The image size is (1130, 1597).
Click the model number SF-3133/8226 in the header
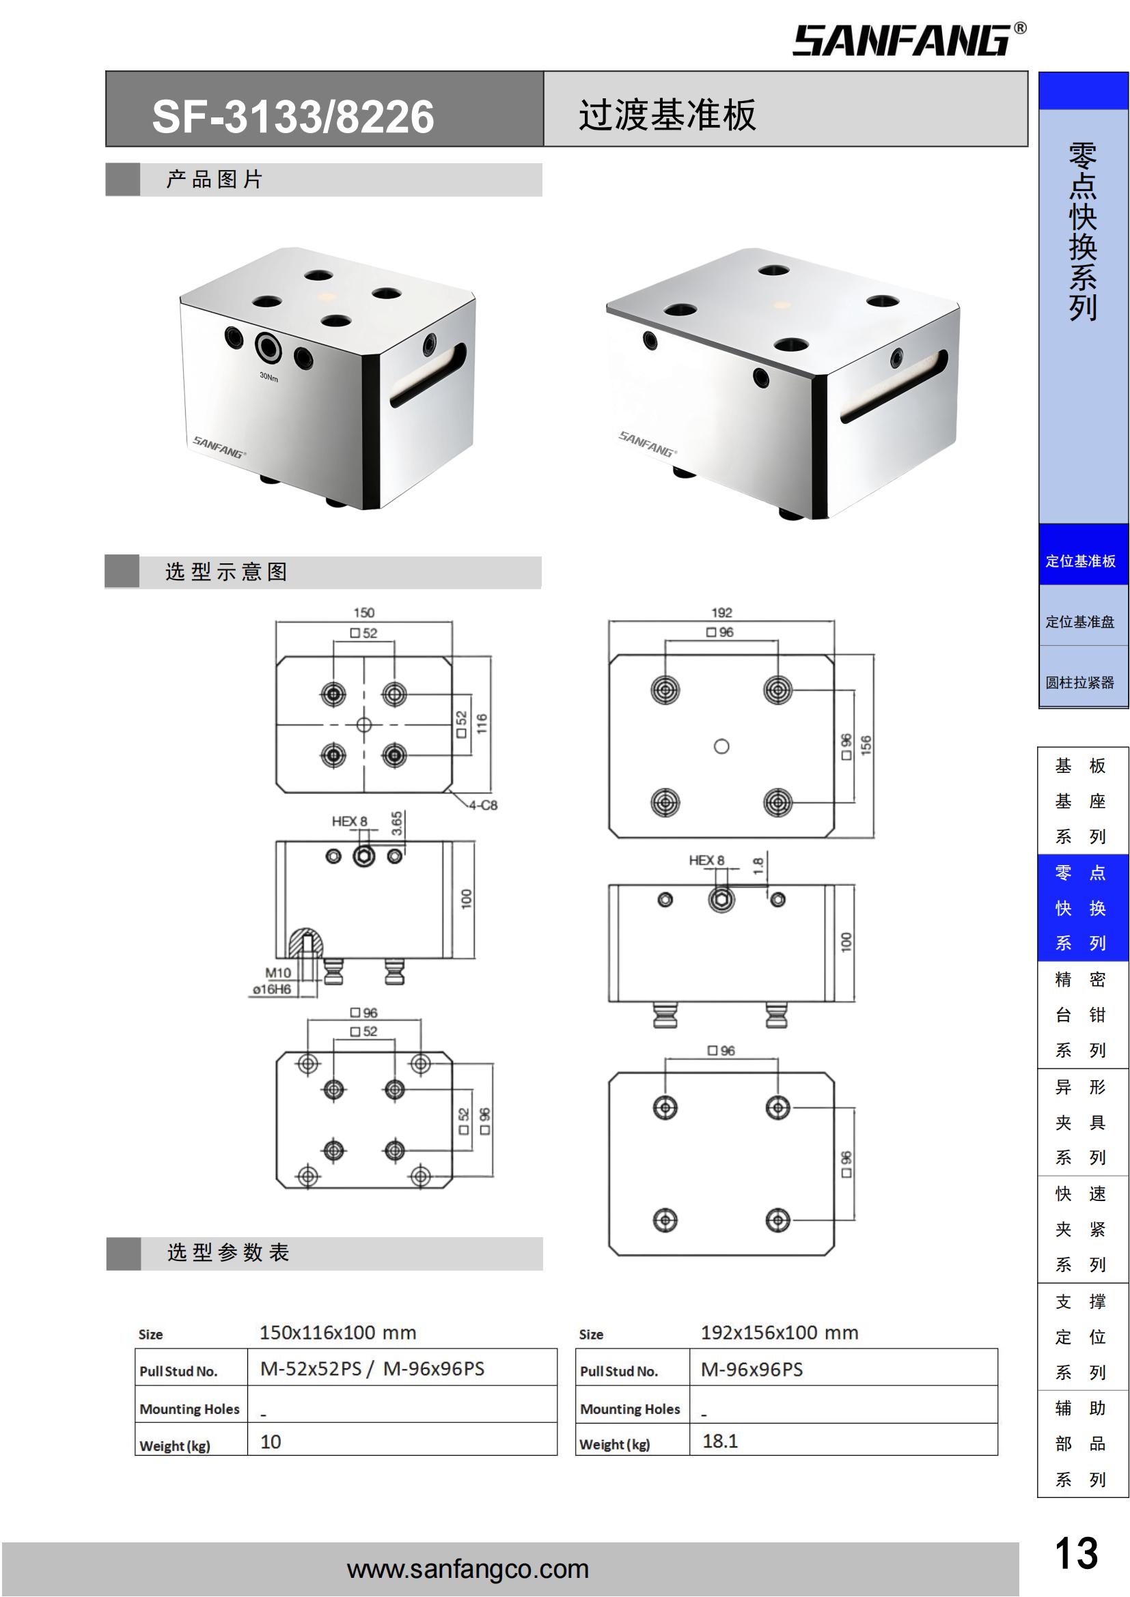tap(293, 116)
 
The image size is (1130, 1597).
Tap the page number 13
tap(1076, 1553)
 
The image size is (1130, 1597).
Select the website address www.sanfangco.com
tap(467, 1568)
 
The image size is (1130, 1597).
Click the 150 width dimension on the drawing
tap(364, 612)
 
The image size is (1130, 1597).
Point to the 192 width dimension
tap(721, 612)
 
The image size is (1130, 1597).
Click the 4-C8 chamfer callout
tap(483, 806)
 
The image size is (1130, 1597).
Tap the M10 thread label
tap(277, 972)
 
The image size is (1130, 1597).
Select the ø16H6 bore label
tap(272, 989)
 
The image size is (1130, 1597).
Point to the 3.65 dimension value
tap(397, 823)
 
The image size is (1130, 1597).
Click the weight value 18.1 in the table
tap(720, 1441)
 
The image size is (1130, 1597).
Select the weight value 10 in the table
tap(271, 1442)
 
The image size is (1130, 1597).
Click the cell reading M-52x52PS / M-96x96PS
tap(372, 1369)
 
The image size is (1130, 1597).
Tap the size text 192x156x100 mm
tap(780, 1333)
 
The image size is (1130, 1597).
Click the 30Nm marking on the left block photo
tap(268, 377)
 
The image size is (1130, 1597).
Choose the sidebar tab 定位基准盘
tap(1081, 622)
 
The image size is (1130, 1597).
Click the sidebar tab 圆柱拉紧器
tap(1081, 682)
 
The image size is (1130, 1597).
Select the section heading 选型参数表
tap(228, 1253)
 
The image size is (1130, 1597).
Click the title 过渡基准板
tap(667, 115)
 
